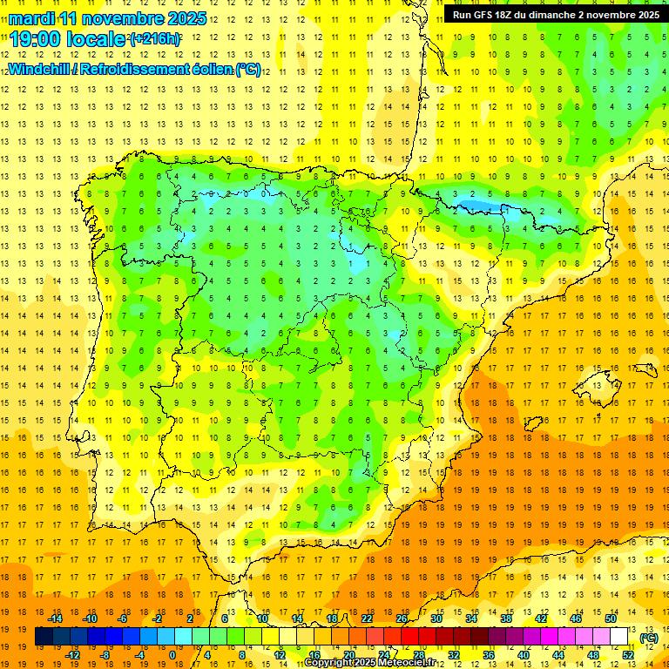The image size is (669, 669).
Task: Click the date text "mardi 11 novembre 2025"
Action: [108, 18]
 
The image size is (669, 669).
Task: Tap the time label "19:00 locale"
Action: [68, 39]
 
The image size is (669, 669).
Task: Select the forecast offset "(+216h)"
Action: [155, 39]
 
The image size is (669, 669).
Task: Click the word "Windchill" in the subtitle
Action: [41, 70]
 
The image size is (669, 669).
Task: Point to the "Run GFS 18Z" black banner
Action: [555, 15]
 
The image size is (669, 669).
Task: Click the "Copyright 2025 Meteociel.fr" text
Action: [370, 663]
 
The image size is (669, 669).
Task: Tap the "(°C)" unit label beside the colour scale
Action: [649, 638]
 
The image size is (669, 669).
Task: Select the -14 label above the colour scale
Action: [56, 618]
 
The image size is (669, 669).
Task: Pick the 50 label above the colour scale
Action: [611, 618]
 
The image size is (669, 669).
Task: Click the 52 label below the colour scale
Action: [628, 654]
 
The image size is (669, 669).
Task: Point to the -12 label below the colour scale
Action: [73, 654]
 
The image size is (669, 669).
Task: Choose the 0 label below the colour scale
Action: [172, 654]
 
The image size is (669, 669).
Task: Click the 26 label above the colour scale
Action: [402, 618]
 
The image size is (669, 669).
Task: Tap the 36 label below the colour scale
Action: [489, 654]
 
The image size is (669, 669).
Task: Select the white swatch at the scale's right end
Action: [619, 637]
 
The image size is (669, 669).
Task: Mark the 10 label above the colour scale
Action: [262, 618]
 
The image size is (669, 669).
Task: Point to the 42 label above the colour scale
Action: [541, 618]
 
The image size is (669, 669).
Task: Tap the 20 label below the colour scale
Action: [349, 654]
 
